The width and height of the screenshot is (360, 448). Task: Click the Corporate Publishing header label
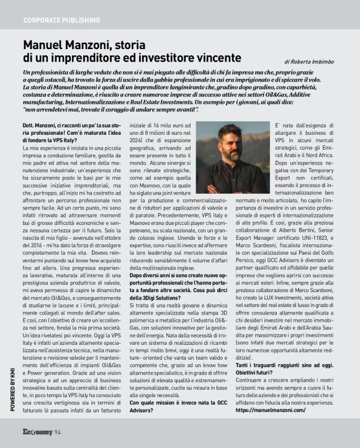(x=61, y=20)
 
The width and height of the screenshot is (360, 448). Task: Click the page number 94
(x=57, y=432)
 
